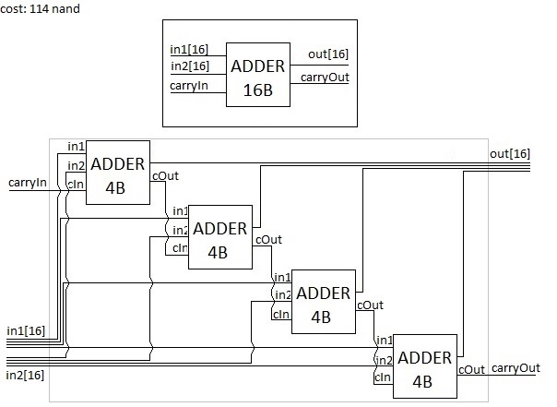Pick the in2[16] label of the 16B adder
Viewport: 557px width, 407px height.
click(190, 66)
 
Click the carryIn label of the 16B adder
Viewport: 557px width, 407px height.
click(190, 86)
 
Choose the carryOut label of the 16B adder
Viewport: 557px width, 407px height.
click(325, 77)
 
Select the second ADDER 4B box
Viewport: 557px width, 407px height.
click(220, 237)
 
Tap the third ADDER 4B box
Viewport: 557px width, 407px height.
click(323, 302)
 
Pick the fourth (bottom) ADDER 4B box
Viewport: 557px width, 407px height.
click(425, 366)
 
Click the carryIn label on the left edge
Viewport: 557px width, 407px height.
click(27, 183)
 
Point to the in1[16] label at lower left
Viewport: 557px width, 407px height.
click(26, 330)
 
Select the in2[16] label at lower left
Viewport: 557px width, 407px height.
click(26, 376)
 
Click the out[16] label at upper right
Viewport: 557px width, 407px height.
click(509, 153)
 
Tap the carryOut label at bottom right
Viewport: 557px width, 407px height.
click(516, 368)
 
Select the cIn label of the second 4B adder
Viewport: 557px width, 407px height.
click(179, 248)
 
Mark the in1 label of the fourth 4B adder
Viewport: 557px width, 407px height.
click(385, 341)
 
